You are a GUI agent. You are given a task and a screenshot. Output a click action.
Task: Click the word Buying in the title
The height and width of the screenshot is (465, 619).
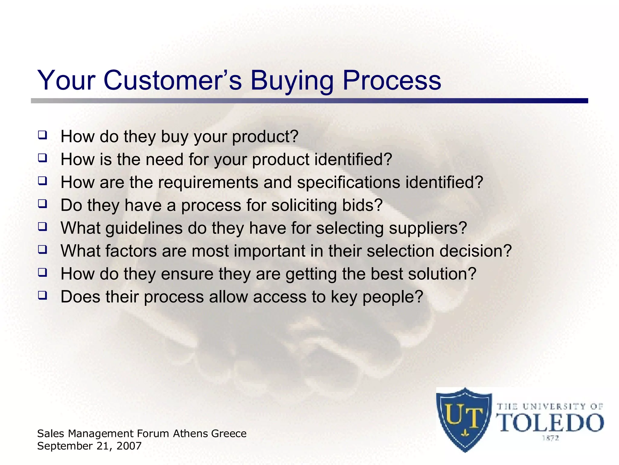tap(292, 81)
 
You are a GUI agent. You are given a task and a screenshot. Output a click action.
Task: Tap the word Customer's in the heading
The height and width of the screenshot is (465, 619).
tap(173, 81)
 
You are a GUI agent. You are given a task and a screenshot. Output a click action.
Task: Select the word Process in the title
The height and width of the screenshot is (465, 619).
tap(391, 81)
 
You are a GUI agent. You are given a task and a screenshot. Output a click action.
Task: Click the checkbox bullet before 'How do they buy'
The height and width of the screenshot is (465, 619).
tap(42, 135)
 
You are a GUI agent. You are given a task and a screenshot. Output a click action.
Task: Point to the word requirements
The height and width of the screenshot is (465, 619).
tap(208, 183)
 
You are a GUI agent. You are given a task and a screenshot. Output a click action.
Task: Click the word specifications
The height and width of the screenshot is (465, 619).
tap(348, 183)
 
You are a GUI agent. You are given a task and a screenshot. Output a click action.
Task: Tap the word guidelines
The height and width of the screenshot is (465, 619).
tap(144, 228)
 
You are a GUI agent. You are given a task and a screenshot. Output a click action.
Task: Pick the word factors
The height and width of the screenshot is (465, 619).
tap(131, 251)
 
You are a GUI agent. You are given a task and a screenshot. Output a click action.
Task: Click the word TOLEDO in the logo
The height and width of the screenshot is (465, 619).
tap(549, 423)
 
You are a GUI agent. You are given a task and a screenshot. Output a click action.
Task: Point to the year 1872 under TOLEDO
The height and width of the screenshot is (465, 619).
tap(550, 438)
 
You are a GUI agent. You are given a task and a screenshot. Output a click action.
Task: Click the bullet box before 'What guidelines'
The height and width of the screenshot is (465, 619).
tap(42, 226)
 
